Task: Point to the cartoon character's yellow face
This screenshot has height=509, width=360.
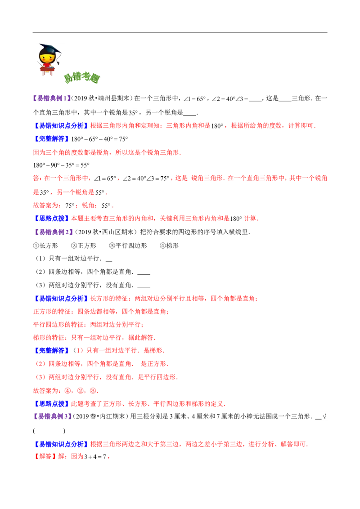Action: pyautogui.click(x=47, y=58)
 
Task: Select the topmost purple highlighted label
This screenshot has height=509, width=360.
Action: pyautogui.click(x=52, y=98)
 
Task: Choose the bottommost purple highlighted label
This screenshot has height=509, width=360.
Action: pyautogui.click(x=52, y=416)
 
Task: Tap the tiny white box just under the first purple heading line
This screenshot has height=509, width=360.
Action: pyautogui.click(x=133, y=110)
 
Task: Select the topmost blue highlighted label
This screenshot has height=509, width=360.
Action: pyautogui.click(x=61, y=126)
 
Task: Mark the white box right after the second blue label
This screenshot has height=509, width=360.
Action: pyautogui.click(x=100, y=138)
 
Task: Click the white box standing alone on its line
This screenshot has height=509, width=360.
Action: pyautogui.click(x=63, y=165)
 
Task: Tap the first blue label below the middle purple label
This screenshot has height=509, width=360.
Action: pyautogui.click(x=61, y=298)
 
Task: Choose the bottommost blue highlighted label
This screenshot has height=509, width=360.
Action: pyautogui.click(x=61, y=444)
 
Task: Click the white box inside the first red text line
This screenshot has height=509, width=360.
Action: pyautogui.click(x=217, y=126)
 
